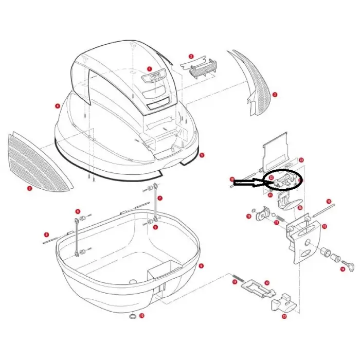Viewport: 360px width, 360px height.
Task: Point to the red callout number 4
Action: (x=58, y=106)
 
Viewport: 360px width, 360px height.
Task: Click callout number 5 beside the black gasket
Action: (x=202, y=154)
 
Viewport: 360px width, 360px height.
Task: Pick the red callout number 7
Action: (x=160, y=198)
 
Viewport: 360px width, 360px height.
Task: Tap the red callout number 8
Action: (x=46, y=235)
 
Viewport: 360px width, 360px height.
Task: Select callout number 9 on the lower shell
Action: (x=201, y=265)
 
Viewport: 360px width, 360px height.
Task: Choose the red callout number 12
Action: (x=266, y=283)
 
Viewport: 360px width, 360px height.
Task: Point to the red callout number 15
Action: (x=325, y=226)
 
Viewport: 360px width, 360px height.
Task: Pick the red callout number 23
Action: (x=302, y=160)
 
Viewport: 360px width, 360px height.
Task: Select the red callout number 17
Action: (x=276, y=223)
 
